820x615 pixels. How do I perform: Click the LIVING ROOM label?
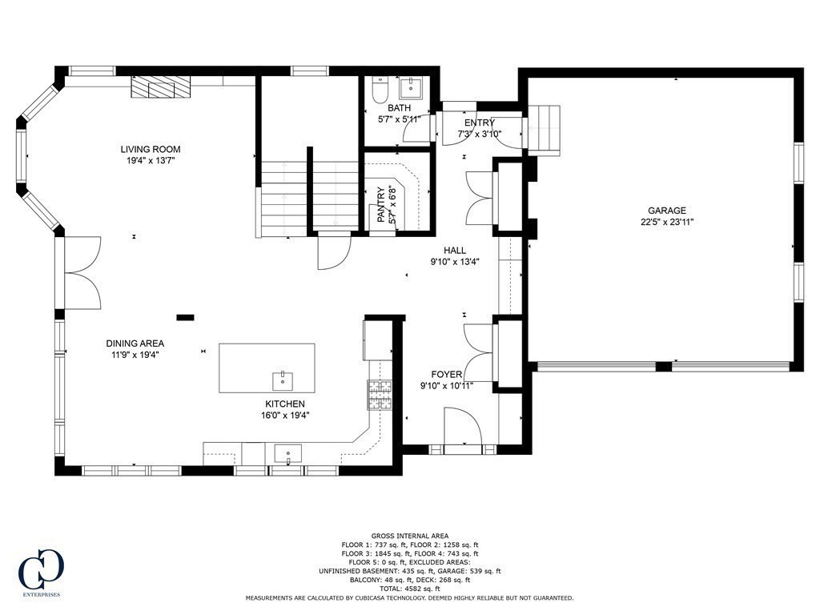(151, 149)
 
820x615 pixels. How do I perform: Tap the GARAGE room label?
(666, 211)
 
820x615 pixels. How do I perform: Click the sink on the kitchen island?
(283, 379)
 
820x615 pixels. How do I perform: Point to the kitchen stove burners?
(380, 392)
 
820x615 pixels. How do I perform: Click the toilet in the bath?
(380, 90)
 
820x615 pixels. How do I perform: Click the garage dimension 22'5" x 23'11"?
(666, 222)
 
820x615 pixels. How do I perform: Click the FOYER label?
(447, 374)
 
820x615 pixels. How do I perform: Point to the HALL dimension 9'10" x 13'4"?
(455, 261)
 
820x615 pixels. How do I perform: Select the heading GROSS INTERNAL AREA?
(409, 536)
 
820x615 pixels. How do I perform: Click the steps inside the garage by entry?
(548, 128)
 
